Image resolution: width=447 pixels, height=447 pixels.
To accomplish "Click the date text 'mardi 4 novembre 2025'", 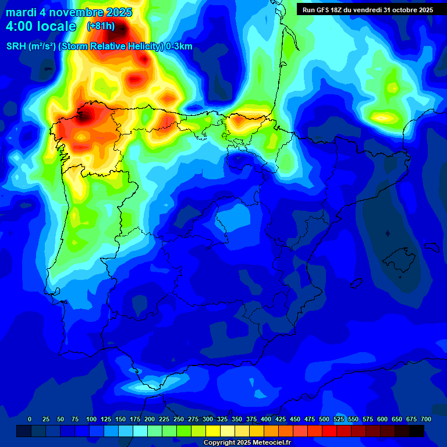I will coord(69,12).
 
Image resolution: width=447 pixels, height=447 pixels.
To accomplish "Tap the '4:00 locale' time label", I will coord(41,26).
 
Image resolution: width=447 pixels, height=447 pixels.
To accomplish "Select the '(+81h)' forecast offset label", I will coord(101,26).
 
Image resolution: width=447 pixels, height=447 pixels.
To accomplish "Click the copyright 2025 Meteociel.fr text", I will coord(247,443).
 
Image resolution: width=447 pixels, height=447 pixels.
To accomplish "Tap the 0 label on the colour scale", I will coord(30,419).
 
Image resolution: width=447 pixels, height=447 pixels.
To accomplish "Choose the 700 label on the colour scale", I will coord(425,419).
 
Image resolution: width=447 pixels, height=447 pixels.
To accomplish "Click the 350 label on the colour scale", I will coord(237,419).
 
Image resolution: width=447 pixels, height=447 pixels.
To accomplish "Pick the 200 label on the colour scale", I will coord(150,419).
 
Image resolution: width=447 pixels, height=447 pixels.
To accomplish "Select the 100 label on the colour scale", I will coord(91,419).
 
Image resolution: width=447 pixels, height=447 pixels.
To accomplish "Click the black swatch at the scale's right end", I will coord(417,431).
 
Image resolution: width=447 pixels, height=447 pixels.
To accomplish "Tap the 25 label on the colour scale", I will coord(46,419).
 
